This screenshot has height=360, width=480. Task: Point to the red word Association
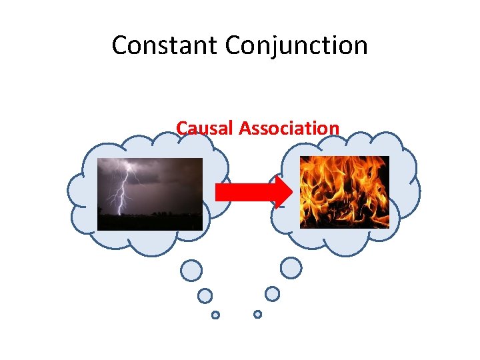(x=289, y=127)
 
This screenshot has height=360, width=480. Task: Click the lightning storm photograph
(x=149, y=193)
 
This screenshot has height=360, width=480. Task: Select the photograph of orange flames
(x=344, y=192)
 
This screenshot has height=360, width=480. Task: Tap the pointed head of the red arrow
(x=285, y=192)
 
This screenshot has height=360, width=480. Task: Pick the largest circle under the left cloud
(x=191, y=270)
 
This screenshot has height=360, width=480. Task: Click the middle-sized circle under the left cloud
(x=205, y=295)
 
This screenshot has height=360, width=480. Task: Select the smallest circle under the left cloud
(x=215, y=315)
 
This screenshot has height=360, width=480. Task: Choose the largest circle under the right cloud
(x=291, y=268)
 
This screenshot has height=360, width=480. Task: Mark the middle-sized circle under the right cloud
(x=272, y=293)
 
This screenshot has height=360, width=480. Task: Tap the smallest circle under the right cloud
(x=257, y=313)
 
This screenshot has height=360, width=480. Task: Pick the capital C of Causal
(x=182, y=127)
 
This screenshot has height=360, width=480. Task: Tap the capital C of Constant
(x=120, y=45)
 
